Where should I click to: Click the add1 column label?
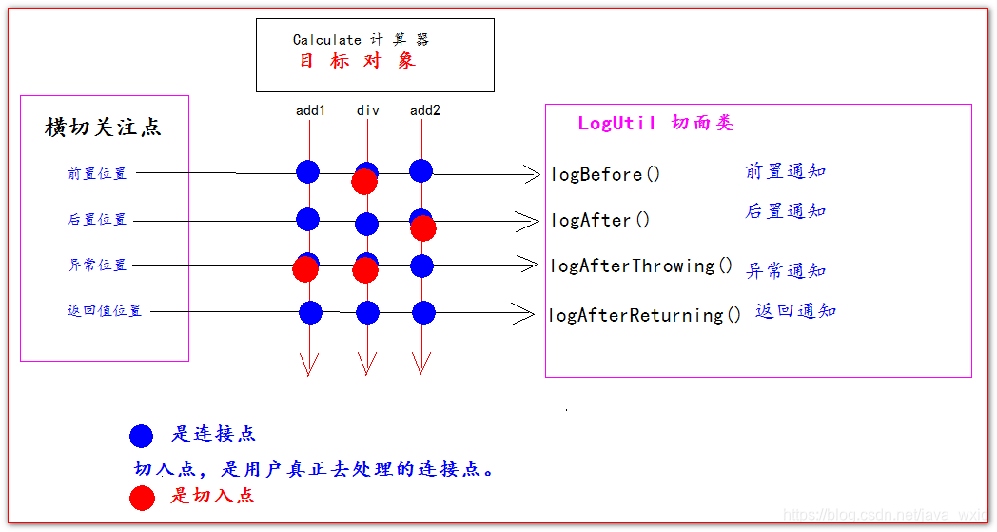pyautogui.click(x=310, y=110)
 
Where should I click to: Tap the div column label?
pyautogui.click(x=367, y=110)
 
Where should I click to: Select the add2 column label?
pyautogui.click(x=425, y=110)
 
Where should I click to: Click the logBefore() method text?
pyautogui.click(x=606, y=174)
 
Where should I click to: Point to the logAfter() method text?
pyautogui.click(x=600, y=221)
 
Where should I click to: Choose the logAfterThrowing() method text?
pyautogui.click(x=642, y=266)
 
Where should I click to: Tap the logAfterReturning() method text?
pyautogui.click(x=645, y=315)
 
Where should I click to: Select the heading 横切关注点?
pyautogui.click(x=103, y=128)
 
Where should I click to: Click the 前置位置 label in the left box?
pyautogui.click(x=97, y=174)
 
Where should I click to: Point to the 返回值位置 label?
pyautogui.click(x=105, y=311)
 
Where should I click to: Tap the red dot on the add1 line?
pyautogui.click(x=304, y=270)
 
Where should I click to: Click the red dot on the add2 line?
pyautogui.click(x=423, y=228)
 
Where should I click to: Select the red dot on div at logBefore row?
pyautogui.click(x=363, y=182)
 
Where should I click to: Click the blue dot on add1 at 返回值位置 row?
pyautogui.click(x=310, y=312)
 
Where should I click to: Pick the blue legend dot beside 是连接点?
pyautogui.click(x=141, y=436)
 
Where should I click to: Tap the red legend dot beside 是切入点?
pyautogui.click(x=141, y=497)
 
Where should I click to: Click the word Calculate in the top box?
pyautogui.click(x=327, y=40)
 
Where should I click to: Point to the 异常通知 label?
pyautogui.click(x=786, y=271)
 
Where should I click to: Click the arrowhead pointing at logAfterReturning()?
pyautogui.click(x=526, y=312)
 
